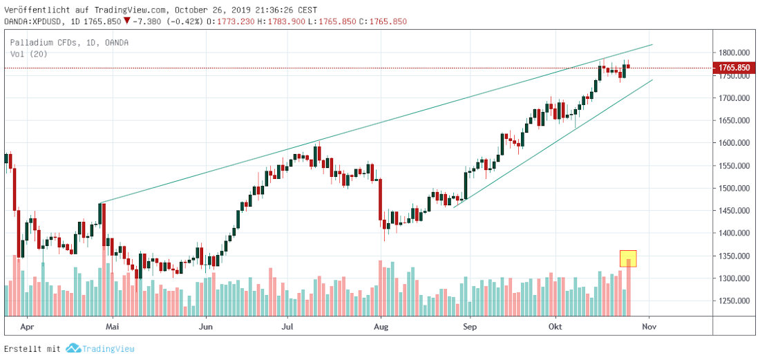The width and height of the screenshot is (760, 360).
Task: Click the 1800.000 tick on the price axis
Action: click(x=734, y=53)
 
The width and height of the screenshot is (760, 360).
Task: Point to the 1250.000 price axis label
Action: click(x=734, y=301)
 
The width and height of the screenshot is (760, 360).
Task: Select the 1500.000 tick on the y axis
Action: click(x=734, y=188)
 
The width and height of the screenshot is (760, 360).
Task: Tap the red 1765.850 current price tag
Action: click(x=734, y=68)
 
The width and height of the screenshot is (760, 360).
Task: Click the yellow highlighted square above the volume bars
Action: click(x=628, y=258)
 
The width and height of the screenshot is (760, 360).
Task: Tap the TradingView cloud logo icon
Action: click(x=73, y=349)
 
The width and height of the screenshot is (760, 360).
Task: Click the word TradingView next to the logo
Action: click(x=108, y=349)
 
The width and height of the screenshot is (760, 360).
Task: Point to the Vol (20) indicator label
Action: click(x=28, y=54)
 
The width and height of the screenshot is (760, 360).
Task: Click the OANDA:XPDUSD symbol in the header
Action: click(x=35, y=21)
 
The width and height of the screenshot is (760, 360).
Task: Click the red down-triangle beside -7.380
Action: click(x=126, y=21)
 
